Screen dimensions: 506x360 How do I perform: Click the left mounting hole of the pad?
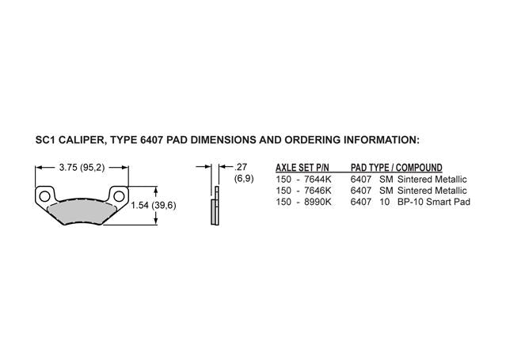(x=44, y=196)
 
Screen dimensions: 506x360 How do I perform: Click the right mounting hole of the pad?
(x=119, y=196)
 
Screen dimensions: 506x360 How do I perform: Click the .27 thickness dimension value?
(x=241, y=167)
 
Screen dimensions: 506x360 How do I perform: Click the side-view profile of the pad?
(x=215, y=206)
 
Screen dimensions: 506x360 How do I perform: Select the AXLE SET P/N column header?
(x=302, y=168)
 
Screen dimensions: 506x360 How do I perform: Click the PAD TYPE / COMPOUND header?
(x=397, y=168)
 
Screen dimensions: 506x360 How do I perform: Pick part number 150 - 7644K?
(x=303, y=179)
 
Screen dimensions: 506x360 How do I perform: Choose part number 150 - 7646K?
(x=303, y=191)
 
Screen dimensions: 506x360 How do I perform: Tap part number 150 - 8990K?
(x=303, y=202)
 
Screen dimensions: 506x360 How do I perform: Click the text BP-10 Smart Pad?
(x=434, y=202)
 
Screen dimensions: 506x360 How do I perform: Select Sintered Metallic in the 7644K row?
(x=432, y=179)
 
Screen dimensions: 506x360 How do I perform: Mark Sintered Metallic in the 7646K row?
(x=432, y=191)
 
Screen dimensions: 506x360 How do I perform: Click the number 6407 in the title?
(x=151, y=140)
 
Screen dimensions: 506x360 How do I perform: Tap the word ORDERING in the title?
(x=311, y=140)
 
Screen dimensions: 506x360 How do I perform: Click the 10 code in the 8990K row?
(x=385, y=202)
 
